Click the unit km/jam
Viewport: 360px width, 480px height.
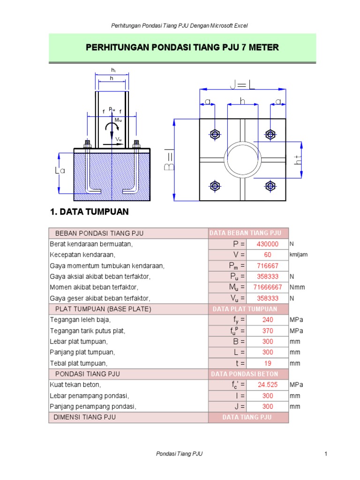298,255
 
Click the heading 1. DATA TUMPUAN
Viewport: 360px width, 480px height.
89,212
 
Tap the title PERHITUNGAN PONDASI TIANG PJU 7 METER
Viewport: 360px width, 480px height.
182,47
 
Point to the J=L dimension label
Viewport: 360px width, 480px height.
242,85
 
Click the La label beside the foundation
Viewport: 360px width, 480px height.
60,172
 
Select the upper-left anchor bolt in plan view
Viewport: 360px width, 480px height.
215,134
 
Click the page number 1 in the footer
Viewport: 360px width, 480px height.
325,454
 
